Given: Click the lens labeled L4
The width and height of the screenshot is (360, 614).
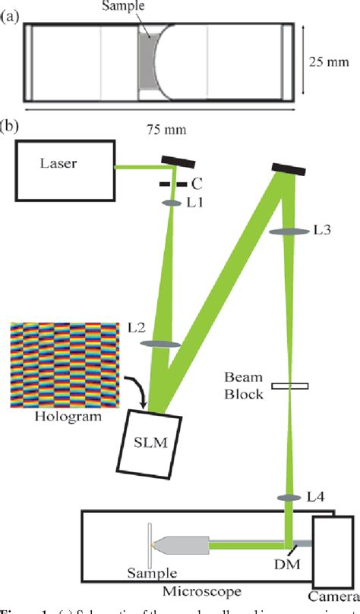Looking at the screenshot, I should point(289,497).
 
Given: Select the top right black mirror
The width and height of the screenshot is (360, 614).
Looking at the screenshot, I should point(287,167).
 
